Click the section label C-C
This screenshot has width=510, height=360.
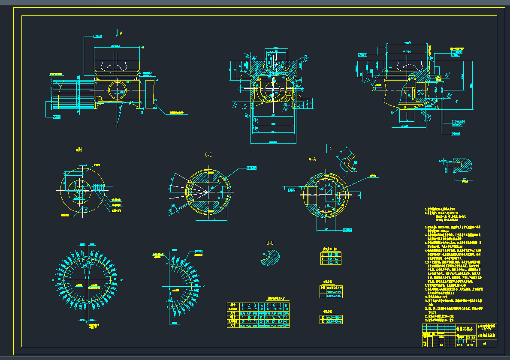(x=208, y=155)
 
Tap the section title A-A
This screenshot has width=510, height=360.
(x=312, y=158)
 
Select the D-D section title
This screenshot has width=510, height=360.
(x=270, y=243)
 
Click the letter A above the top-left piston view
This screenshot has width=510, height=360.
(x=121, y=33)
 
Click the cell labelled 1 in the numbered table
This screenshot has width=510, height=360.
(x=243, y=305)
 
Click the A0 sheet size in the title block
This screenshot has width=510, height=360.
(x=485, y=343)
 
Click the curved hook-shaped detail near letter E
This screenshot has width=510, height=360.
(x=346, y=162)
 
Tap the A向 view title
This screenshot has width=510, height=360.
(x=79, y=150)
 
